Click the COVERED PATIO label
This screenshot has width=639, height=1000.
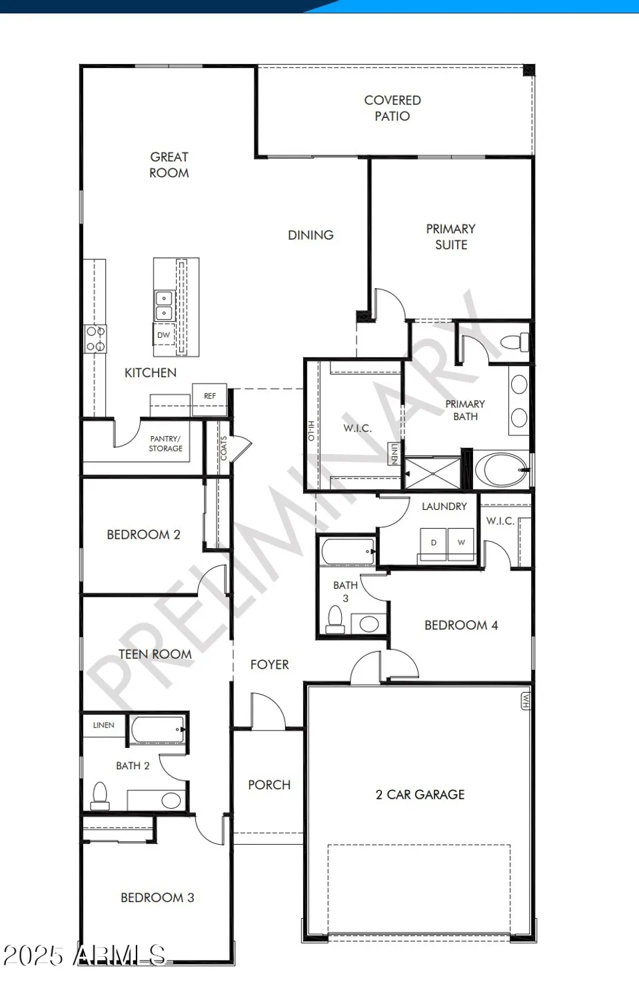click(392, 108)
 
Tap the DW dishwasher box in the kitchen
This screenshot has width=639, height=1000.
click(163, 335)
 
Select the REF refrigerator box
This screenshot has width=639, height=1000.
click(210, 395)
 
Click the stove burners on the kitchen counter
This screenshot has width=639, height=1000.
click(95, 339)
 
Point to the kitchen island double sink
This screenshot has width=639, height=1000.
click(164, 305)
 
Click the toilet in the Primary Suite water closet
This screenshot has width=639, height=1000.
click(515, 343)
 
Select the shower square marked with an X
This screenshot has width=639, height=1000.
click(432, 473)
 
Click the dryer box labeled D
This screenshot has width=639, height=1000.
click(433, 543)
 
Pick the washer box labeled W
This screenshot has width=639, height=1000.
click(461, 543)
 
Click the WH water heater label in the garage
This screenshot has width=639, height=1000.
click(526, 701)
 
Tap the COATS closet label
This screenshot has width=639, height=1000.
click(224, 448)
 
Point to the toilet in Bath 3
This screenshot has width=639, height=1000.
click(335, 619)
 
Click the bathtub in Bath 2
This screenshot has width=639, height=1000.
click(158, 729)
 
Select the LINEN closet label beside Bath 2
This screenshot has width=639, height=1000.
click(103, 725)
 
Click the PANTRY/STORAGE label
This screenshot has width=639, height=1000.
click(165, 443)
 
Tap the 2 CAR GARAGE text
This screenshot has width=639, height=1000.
click(420, 795)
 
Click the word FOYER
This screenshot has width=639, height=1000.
click(269, 665)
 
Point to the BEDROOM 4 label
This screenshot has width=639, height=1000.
click(461, 625)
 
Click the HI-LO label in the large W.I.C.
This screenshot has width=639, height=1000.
click(311, 431)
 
